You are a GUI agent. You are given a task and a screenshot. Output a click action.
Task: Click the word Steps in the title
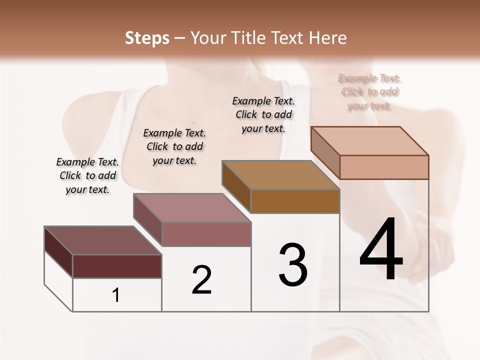(147, 38)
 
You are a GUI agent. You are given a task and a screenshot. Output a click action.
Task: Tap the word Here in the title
(327, 38)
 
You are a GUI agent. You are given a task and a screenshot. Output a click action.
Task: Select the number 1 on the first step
(116, 295)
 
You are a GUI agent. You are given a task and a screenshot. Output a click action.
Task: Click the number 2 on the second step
(201, 280)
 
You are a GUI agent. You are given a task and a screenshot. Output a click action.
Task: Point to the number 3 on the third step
(293, 265)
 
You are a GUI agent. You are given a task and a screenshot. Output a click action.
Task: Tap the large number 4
(381, 250)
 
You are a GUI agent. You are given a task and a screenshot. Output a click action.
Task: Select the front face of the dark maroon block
(117, 266)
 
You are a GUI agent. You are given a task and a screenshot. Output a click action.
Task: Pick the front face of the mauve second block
(206, 234)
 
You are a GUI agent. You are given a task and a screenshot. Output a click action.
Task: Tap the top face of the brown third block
(280, 175)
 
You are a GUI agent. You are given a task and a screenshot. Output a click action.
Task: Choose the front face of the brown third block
(295, 201)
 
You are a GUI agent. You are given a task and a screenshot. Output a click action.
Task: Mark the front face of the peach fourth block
(384, 167)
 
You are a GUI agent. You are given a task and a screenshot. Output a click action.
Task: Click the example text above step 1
(87, 176)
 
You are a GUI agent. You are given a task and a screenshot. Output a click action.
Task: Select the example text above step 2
(174, 147)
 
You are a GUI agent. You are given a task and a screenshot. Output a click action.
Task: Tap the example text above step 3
(263, 115)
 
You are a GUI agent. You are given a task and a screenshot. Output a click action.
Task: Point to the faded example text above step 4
(369, 92)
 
